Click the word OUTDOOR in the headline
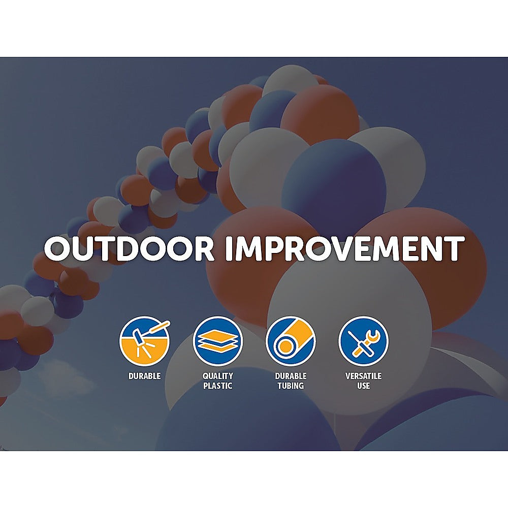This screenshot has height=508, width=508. (x=129, y=248)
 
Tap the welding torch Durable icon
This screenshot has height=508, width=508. (x=144, y=341)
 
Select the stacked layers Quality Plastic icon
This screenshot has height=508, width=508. (x=218, y=341)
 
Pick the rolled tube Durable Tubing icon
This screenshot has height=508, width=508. (x=291, y=341)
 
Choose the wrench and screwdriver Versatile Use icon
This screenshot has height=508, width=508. (x=363, y=341)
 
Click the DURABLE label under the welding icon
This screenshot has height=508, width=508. (x=144, y=376)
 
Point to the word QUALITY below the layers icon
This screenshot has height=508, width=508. (x=218, y=376)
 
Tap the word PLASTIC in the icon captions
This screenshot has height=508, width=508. (x=218, y=386)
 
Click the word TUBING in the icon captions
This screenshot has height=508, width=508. (x=291, y=386)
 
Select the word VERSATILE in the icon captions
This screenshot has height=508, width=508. (x=363, y=376)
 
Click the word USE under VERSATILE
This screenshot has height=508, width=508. (x=363, y=386)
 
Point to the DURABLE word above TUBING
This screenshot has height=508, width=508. (x=291, y=376)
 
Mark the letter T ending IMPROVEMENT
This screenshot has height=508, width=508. (x=453, y=248)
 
